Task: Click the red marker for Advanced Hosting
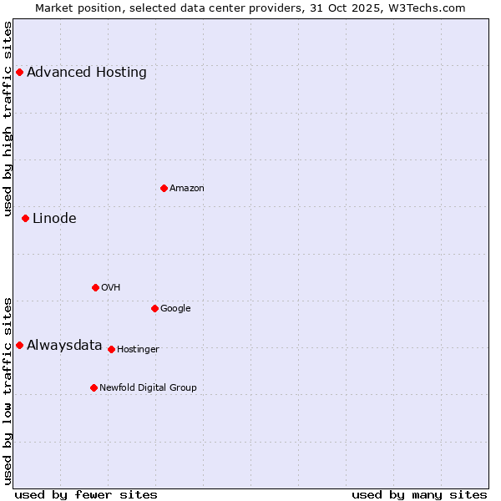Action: point(19,72)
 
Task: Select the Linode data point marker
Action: point(25,218)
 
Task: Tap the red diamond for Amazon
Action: point(164,188)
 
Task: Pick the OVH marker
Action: point(95,287)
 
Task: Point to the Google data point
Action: point(154,308)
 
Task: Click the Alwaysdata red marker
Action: point(19,345)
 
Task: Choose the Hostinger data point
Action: point(111,349)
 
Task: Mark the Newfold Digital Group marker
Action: point(94,387)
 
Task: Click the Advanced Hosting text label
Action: point(87,72)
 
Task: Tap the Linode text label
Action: point(54,218)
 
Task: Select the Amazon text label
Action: point(187,188)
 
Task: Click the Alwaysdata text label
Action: point(64,345)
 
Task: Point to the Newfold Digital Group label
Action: point(149,387)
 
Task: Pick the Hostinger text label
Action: point(138,349)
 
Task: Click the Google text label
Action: point(175,308)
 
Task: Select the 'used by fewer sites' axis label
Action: point(86,494)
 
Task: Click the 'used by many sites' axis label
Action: point(419,494)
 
